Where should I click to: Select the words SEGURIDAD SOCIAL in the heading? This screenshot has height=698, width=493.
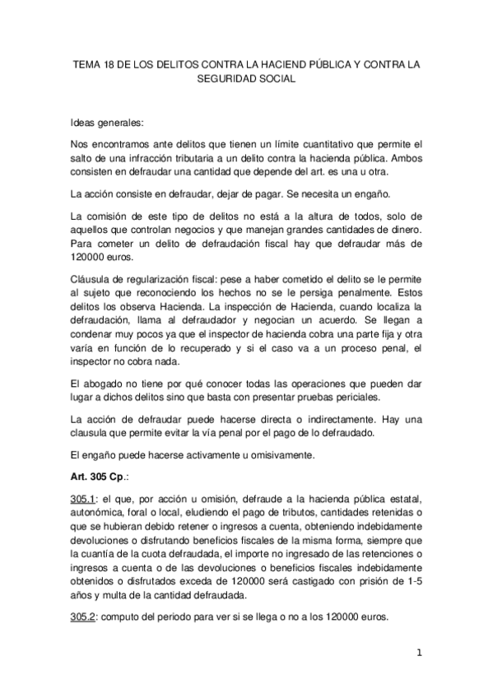click(x=246, y=81)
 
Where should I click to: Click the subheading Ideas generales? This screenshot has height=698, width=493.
click(x=107, y=123)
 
